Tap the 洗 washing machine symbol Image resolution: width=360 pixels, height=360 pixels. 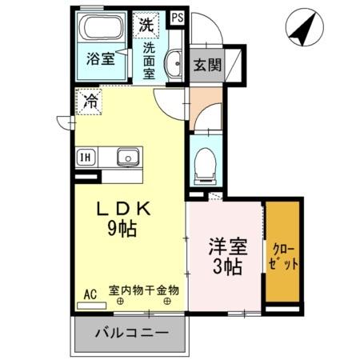pos(146,25)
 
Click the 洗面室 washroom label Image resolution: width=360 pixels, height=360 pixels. pos(149,61)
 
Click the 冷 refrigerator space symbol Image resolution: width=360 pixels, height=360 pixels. pos(90,102)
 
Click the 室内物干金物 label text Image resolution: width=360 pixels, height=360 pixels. pos(144,290)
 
